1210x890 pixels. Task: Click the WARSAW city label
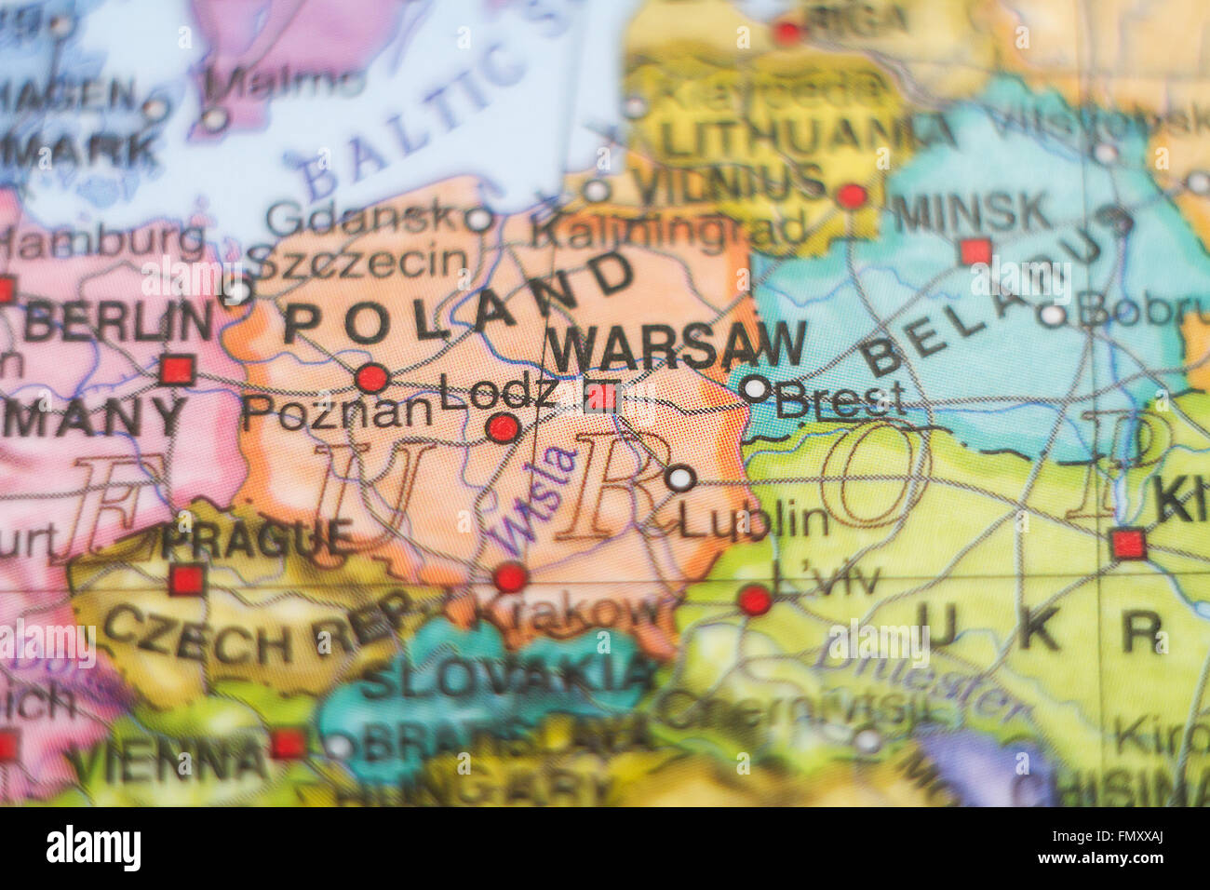[676, 347]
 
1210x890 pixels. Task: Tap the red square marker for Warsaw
[602, 398]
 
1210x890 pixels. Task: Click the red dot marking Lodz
[503, 428]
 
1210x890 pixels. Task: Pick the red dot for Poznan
[372, 378]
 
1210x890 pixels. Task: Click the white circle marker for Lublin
[680, 479]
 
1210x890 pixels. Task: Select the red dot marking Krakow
[510, 577]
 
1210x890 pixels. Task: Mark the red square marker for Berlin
[176, 370]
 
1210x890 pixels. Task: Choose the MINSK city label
[972, 214]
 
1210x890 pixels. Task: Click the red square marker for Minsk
[975, 251]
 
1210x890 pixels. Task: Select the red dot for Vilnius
[852, 196]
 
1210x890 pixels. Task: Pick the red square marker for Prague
[186, 579]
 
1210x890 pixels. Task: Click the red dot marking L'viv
[755, 600]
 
